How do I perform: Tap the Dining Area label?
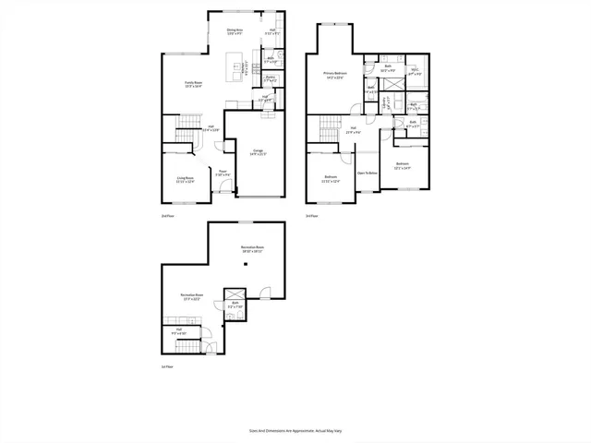tap(235, 31)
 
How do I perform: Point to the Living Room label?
tap(186, 180)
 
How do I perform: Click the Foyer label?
tap(222, 174)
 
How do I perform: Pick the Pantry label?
tap(271, 79)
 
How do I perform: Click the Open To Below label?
tap(368, 173)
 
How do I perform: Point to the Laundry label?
tap(389, 102)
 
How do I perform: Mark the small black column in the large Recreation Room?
tap(246, 265)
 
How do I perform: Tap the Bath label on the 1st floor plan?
tap(235, 305)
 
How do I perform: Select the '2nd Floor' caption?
tap(167, 215)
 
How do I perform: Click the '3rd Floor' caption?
tap(312, 215)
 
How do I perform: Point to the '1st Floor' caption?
tap(167, 366)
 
